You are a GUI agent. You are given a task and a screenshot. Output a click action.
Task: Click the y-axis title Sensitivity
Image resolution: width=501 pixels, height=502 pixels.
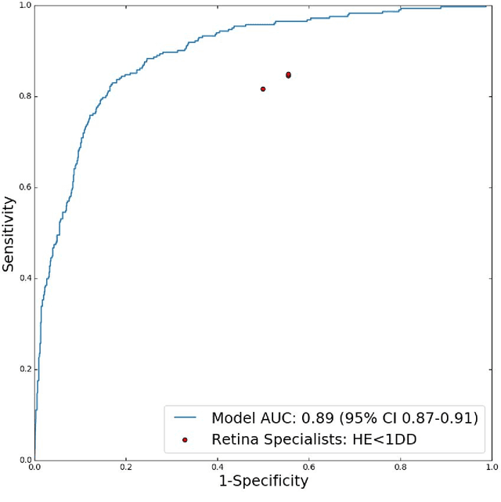click(9, 233)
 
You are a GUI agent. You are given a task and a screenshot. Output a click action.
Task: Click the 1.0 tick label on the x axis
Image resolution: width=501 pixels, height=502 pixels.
click(490, 466)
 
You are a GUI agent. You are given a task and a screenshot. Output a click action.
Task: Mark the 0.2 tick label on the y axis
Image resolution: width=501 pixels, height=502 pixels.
click(23, 369)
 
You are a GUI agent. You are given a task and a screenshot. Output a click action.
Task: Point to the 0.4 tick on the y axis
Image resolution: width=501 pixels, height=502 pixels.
click(23, 278)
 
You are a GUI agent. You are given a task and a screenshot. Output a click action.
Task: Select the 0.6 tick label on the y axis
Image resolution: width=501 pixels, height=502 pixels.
click(23, 187)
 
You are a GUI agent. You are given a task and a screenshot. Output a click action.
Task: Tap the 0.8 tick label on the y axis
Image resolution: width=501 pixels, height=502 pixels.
click(23, 96)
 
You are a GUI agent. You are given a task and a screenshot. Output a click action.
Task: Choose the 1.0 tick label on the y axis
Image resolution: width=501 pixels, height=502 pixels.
click(23, 5)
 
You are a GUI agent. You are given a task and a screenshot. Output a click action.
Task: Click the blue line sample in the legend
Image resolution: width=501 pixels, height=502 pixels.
click(185, 417)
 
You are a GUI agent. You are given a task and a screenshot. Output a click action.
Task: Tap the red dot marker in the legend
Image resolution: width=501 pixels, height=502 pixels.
click(185, 439)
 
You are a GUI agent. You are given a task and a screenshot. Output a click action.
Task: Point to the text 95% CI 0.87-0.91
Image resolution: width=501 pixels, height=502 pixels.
click(407, 417)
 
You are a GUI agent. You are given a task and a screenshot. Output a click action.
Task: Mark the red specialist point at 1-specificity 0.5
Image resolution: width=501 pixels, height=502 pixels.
click(263, 89)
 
